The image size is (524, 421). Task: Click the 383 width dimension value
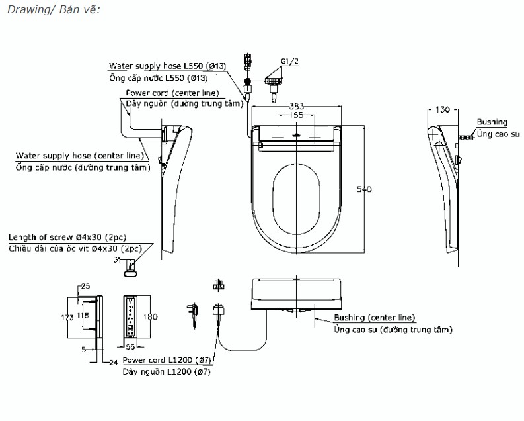297,106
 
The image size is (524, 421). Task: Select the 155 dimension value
297,115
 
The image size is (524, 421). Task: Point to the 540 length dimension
364,189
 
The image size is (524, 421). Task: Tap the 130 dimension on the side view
443,109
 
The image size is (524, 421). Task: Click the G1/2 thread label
289,62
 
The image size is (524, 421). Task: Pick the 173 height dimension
67,317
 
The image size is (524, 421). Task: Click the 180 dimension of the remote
150,316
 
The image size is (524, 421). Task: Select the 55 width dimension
130,347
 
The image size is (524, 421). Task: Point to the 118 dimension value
83,315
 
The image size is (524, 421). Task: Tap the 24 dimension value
114,363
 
